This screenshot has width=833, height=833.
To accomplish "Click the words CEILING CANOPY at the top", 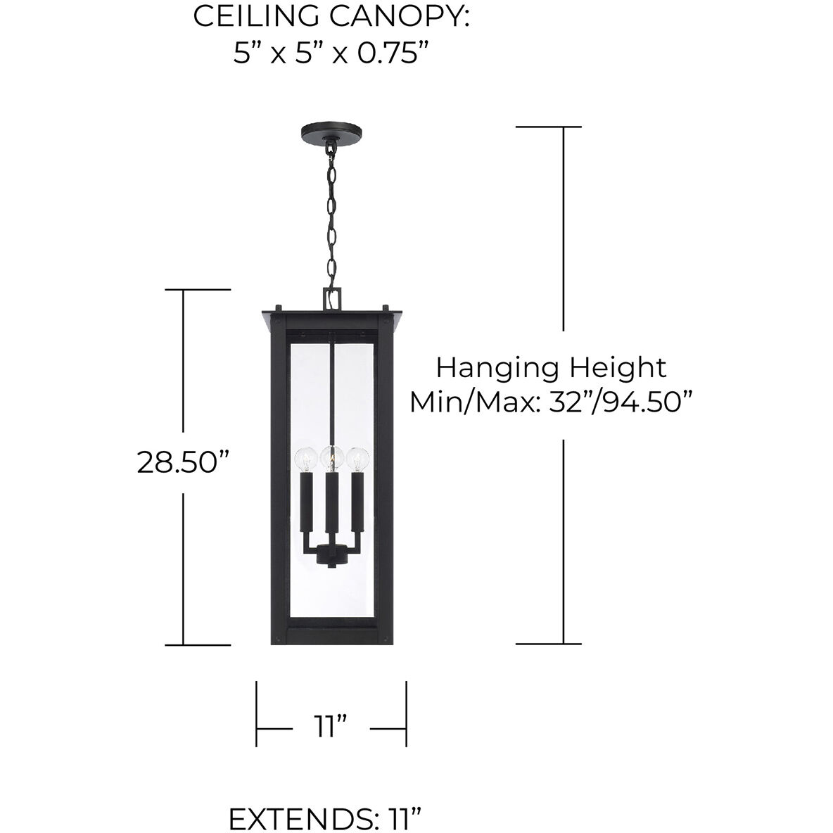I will click(331, 17).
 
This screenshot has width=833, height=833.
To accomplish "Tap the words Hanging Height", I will click(552, 367).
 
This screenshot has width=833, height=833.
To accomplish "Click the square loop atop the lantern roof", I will click(331, 298).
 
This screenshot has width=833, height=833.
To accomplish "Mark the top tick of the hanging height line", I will click(549, 127).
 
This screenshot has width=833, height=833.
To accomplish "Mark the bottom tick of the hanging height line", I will click(549, 644).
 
